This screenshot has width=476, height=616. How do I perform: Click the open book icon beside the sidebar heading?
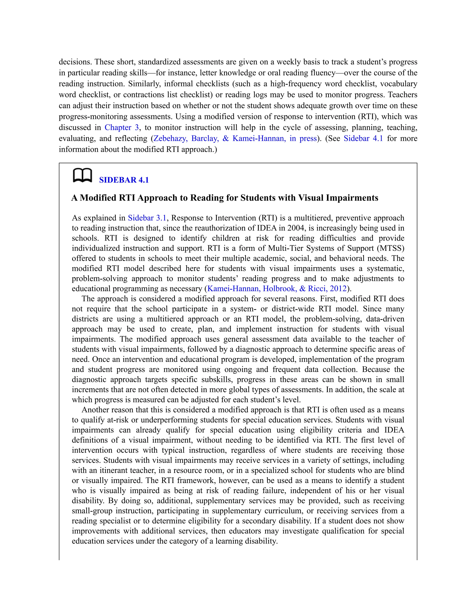pyautogui.click(x=82, y=176)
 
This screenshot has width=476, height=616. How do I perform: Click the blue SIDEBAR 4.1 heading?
pyautogui.click(x=124, y=180)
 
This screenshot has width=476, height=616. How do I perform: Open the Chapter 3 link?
pyautogui.click(x=122, y=127)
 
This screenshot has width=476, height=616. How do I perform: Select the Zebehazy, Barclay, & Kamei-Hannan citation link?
pyautogui.click(x=235, y=139)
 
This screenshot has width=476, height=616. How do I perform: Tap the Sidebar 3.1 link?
pyautogui.click(x=147, y=218)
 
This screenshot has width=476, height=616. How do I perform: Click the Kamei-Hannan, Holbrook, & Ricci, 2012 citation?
pyautogui.click(x=277, y=288)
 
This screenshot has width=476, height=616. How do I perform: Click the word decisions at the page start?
pyautogui.click(x=75, y=62)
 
